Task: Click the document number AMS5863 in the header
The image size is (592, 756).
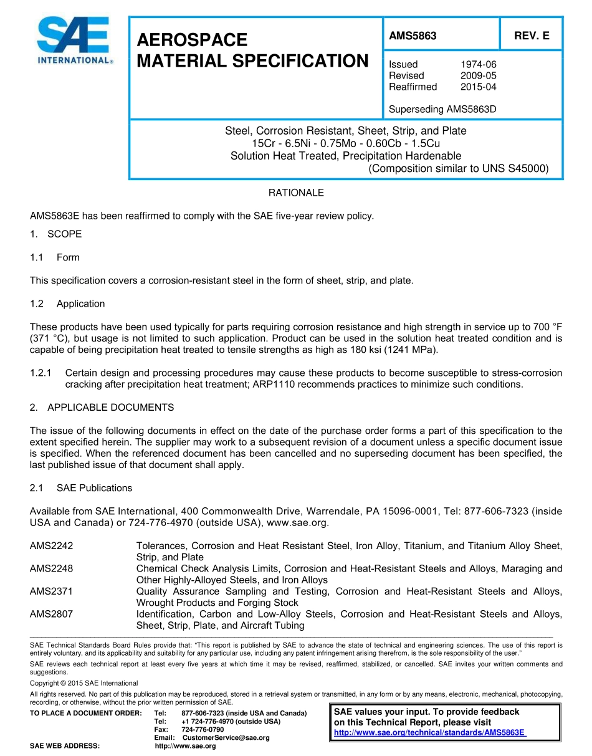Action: pos(413,36)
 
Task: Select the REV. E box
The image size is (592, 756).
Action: pos(531,36)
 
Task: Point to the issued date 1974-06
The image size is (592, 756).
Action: pos(478,64)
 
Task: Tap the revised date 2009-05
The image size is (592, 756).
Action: pos(478,75)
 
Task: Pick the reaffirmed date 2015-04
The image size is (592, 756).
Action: pos(478,87)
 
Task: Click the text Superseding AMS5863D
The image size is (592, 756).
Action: pos(442,110)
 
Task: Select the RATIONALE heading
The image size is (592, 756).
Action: pos(296,193)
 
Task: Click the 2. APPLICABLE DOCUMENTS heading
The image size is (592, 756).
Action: pos(102,408)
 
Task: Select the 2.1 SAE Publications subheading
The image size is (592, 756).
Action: pos(81,487)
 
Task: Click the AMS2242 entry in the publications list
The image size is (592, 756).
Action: pos(52,546)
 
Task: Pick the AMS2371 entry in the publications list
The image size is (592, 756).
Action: pos(52,591)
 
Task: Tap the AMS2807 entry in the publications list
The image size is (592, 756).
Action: pos(52,614)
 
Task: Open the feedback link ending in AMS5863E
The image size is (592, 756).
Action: pos(430,733)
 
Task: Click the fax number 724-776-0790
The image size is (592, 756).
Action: pos(203,729)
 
